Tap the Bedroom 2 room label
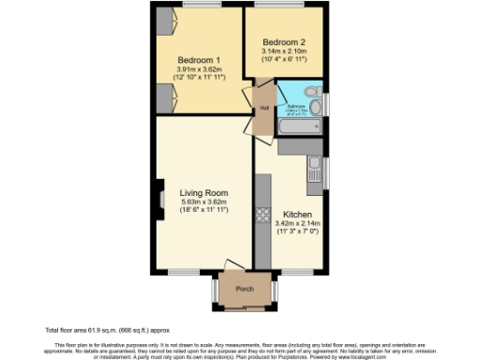pos(285,42)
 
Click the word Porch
pos(245,288)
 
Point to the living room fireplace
pos(161,199)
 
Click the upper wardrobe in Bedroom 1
pos(165,20)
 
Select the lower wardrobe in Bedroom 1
pos(165,97)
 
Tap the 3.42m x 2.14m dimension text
pos(296,224)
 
